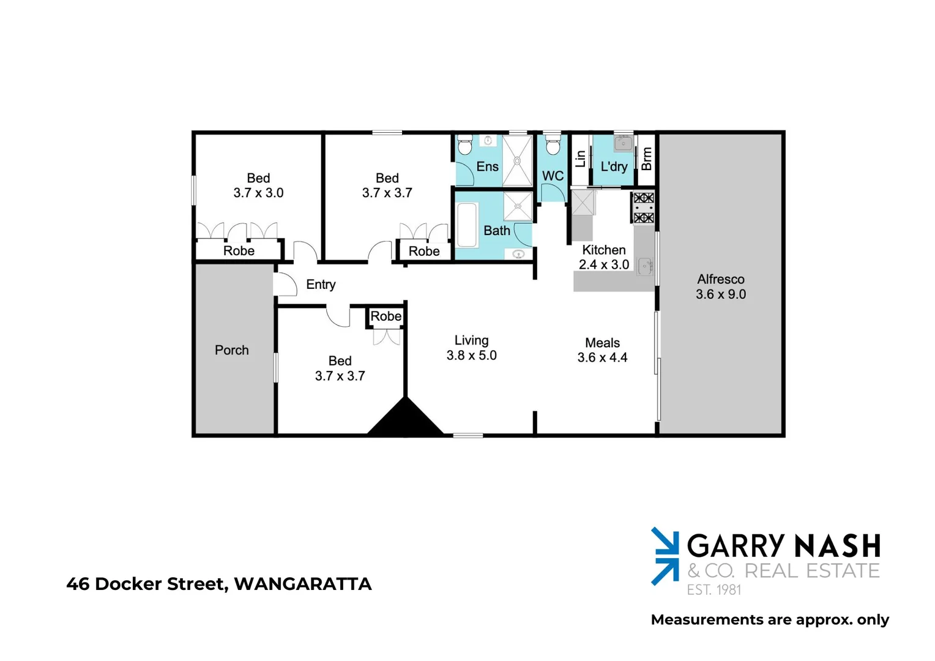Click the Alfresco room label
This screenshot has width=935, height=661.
[x=720, y=280]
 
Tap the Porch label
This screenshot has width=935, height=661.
[x=232, y=350]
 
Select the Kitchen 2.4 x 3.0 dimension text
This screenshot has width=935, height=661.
[x=604, y=264]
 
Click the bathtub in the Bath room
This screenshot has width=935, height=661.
[x=467, y=225]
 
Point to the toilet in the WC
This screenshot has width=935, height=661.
[x=553, y=147]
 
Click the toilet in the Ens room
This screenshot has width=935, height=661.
[x=464, y=146]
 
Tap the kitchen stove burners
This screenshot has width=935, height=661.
[x=644, y=207]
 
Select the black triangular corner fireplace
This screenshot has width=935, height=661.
[x=405, y=420]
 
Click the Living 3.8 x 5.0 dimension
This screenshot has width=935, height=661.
[x=471, y=355]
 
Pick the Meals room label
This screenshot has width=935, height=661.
[x=602, y=343]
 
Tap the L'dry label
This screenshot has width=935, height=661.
[x=614, y=166]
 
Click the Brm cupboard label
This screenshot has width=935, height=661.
[x=647, y=159]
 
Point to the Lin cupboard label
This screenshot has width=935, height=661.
[x=581, y=159]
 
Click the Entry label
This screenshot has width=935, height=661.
[x=321, y=285]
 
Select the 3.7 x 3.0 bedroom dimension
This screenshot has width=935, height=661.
[x=258, y=193]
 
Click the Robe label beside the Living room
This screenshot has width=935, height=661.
[x=386, y=316]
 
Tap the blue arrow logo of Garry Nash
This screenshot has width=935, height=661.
[x=665, y=556]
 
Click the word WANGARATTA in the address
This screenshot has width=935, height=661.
[x=303, y=584]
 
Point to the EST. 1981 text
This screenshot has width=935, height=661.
[x=714, y=589]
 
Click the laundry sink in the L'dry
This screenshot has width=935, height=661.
[x=623, y=143]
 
